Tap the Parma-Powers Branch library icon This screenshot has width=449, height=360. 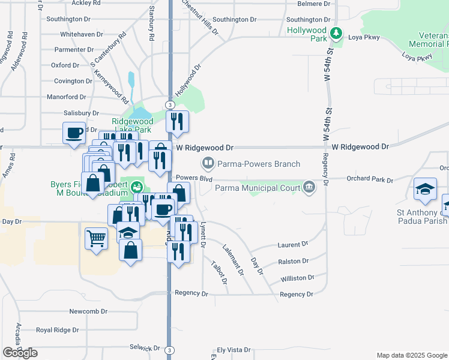208,163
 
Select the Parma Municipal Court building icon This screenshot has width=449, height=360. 309,187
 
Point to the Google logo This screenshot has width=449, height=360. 20,353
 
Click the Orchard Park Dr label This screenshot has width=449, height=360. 370,179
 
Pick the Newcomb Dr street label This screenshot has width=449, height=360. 88,311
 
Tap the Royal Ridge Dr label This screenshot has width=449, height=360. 57,330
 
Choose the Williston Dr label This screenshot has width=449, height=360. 297,278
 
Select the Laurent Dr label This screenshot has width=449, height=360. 292,244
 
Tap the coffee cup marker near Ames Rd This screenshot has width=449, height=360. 74,132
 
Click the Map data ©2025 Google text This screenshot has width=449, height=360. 412,355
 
